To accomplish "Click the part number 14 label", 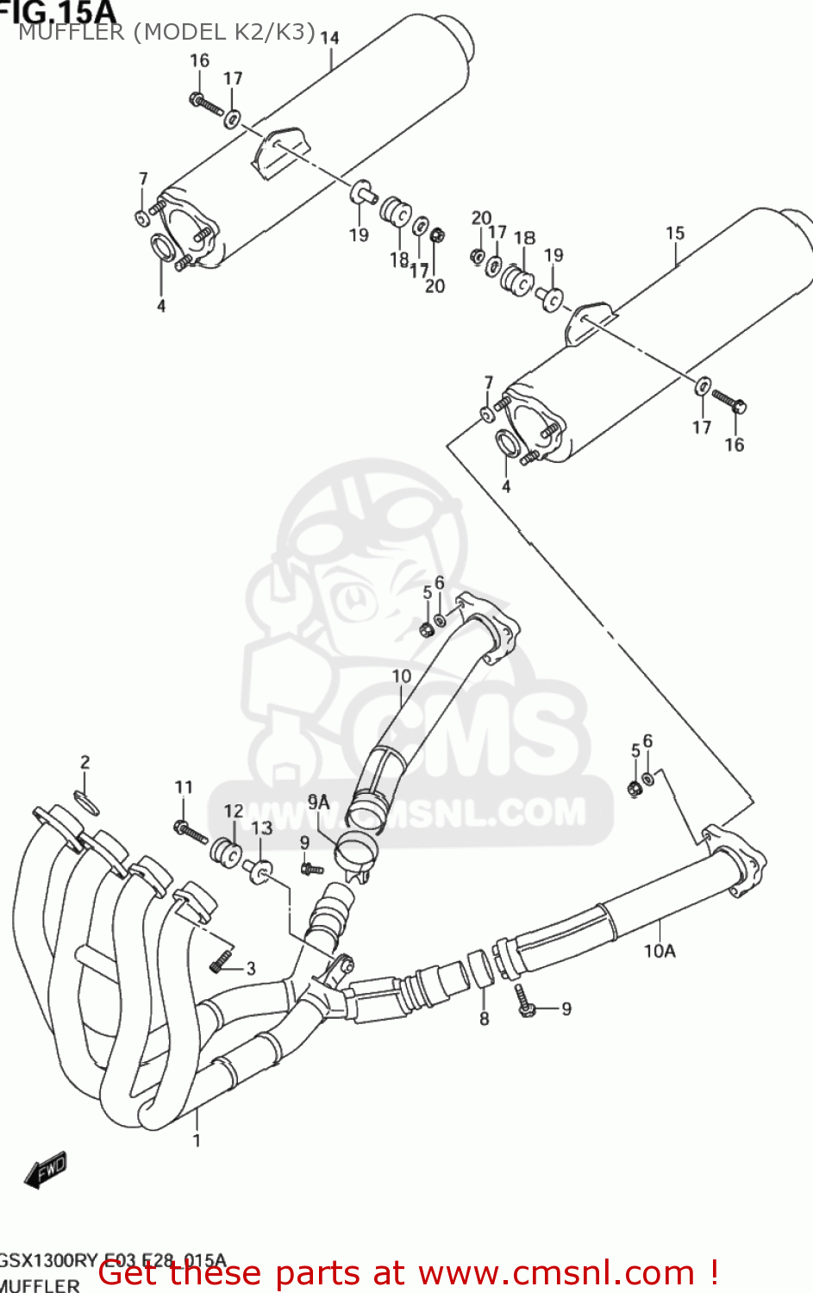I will click(x=329, y=38).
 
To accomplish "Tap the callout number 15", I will click(x=675, y=233).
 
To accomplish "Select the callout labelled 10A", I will click(x=660, y=951).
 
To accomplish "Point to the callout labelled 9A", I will click(x=319, y=803).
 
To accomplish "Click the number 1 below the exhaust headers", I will click(x=197, y=1140).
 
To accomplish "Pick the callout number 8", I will click(x=484, y=1019).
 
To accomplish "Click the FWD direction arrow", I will click(x=46, y=1171).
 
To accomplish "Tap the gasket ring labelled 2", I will click(x=86, y=801).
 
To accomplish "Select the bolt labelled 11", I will click(x=191, y=832).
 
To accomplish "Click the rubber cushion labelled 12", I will click(x=227, y=853).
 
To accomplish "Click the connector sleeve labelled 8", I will click(x=481, y=967).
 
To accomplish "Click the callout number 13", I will click(x=262, y=828).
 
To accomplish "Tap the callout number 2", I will click(x=84, y=762).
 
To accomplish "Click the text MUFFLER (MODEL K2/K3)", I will click(x=166, y=32).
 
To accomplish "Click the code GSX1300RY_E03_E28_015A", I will click(x=112, y=1260).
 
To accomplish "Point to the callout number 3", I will click(x=251, y=968).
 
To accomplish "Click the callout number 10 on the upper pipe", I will click(x=402, y=676).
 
